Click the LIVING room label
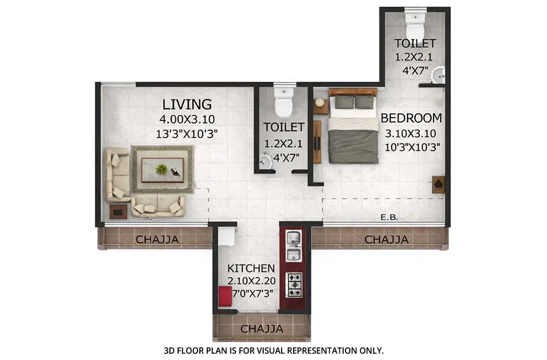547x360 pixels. pos(187,104)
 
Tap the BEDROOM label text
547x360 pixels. pos(411,118)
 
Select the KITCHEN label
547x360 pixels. pos(250,268)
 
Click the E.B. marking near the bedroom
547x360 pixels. pos(389,218)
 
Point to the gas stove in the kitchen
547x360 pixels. pos(294,285)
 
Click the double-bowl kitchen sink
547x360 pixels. pos(294,246)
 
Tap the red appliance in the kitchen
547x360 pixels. pos(225,297)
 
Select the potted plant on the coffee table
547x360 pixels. pos(162,169)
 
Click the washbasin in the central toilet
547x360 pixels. pos(265,161)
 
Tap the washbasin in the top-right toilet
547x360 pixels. pos(439,75)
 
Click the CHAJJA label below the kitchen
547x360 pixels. pos(261,329)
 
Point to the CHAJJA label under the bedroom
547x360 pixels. pos(386,239)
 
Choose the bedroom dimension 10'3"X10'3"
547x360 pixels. pos(412,146)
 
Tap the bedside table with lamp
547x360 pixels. pos(320,105)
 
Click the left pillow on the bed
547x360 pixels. pos(344,102)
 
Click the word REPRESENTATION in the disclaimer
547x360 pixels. pos(324,350)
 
